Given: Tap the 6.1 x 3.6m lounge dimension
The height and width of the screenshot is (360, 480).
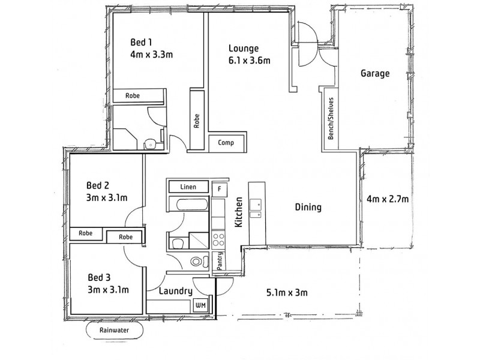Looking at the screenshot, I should [x=248, y=60].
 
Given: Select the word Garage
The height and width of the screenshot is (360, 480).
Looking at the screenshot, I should [x=375, y=74].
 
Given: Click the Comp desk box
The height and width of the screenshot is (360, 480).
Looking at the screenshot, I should [x=226, y=143].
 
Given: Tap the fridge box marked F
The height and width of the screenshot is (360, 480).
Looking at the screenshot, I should [x=220, y=189].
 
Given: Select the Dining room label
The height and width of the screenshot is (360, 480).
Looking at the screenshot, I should [x=308, y=208].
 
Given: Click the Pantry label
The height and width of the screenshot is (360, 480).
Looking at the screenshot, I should [x=220, y=262].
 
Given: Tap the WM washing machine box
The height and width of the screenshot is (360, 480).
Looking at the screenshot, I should [x=200, y=305].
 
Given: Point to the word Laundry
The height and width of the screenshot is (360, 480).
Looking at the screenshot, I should [x=176, y=292].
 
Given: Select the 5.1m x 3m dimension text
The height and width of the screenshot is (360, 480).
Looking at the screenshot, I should [x=287, y=293].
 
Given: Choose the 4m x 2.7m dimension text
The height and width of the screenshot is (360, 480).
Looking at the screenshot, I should [x=388, y=199].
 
